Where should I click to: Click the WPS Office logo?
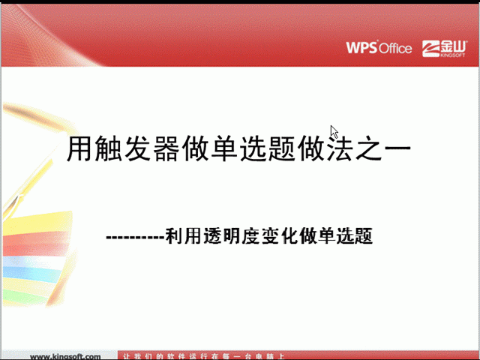pyautogui.click(x=379, y=48)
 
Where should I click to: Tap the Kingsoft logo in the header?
pyautogui.click(x=444, y=49)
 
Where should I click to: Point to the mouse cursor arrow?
pyautogui.click(x=334, y=132)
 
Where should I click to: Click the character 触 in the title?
pyautogui.click(x=108, y=148)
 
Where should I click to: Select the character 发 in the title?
pyautogui.click(x=137, y=148)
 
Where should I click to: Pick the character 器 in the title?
pyautogui.click(x=166, y=148)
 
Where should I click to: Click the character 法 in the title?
pyautogui.click(x=340, y=148)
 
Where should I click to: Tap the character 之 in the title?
pyautogui.click(x=368, y=148)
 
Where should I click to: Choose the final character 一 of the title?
pyautogui.click(x=397, y=148)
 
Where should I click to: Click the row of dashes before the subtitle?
pyautogui.click(x=135, y=237)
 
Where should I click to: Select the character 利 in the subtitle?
pyautogui.click(x=174, y=236)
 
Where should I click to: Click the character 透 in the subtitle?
pyautogui.click(x=212, y=236)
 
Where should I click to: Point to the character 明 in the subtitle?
pyautogui.click(x=231, y=236)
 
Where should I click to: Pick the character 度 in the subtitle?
pyautogui.click(x=250, y=236)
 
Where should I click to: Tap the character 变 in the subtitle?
pyautogui.click(x=269, y=236)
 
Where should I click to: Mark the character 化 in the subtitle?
pyautogui.click(x=288, y=236)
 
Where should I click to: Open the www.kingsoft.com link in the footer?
pyautogui.click(x=65, y=357)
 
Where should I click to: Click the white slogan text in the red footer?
pyautogui.click(x=203, y=357)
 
